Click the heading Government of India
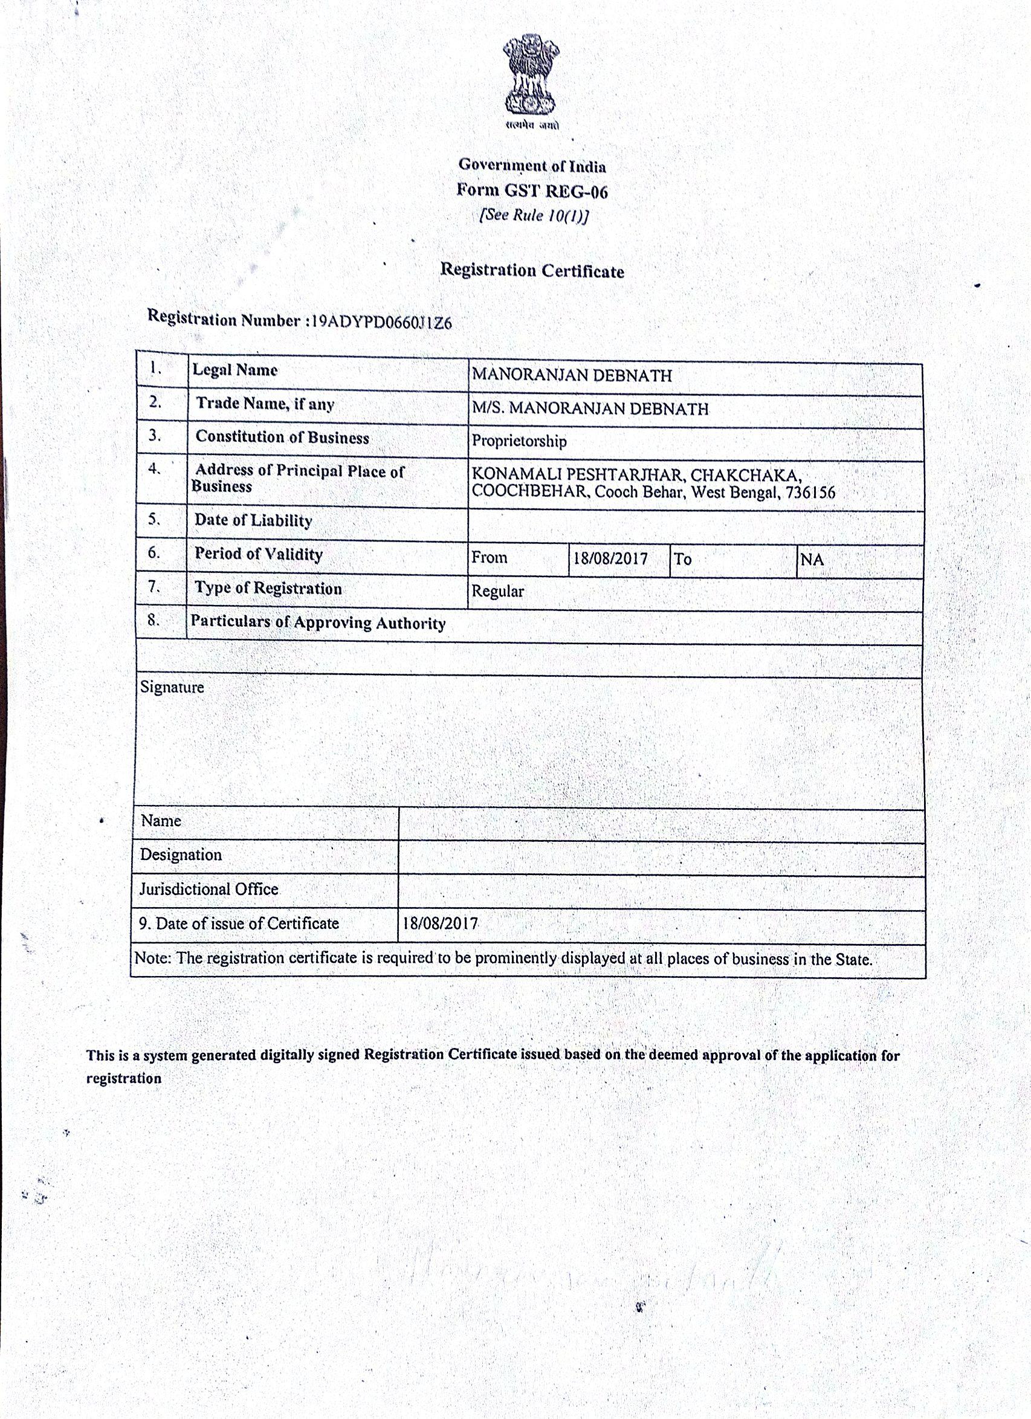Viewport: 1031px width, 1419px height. [532, 166]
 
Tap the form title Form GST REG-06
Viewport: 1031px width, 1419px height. [532, 191]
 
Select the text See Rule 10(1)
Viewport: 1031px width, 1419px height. [534, 216]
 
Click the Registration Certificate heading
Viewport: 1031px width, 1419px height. [532, 270]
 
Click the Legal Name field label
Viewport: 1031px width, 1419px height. [234, 370]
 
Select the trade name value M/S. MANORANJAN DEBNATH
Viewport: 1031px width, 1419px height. [590, 409]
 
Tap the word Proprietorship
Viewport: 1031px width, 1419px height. [519, 441]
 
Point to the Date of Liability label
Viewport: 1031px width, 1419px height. [253, 520]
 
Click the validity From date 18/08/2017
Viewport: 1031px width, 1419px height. [610, 558]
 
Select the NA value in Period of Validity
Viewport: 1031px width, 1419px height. [812, 560]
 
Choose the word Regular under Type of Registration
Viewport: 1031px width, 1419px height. [497, 591]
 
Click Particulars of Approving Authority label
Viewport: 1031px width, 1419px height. [318, 622]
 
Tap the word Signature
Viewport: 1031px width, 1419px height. [172, 687]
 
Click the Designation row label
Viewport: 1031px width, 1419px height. [180, 855]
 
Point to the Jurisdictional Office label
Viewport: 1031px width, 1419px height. [208, 889]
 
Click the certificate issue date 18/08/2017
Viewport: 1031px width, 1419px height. [441, 923]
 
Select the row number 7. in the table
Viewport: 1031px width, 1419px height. [155, 587]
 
